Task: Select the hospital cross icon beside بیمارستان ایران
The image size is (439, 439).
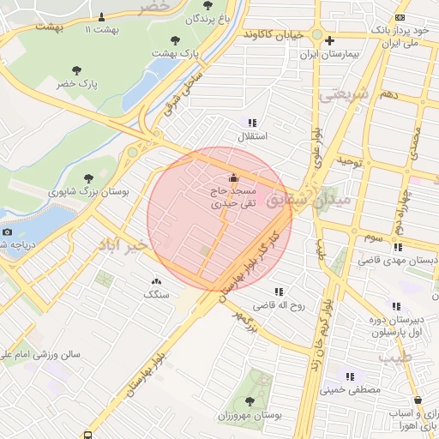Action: (x=329, y=40)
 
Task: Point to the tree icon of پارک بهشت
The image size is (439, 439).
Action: (x=176, y=39)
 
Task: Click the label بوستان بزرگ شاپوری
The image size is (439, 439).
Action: (x=87, y=193)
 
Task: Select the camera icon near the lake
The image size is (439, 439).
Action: (x=8, y=232)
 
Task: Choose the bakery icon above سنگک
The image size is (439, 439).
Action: (x=156, y=280)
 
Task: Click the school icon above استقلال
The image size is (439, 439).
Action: (x=251, y=123)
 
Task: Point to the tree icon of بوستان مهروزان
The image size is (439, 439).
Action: (x=250, y=400)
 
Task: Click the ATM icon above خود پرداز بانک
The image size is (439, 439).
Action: (x=400, y=18)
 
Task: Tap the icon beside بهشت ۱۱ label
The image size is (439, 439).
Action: (x=103, y=16)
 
